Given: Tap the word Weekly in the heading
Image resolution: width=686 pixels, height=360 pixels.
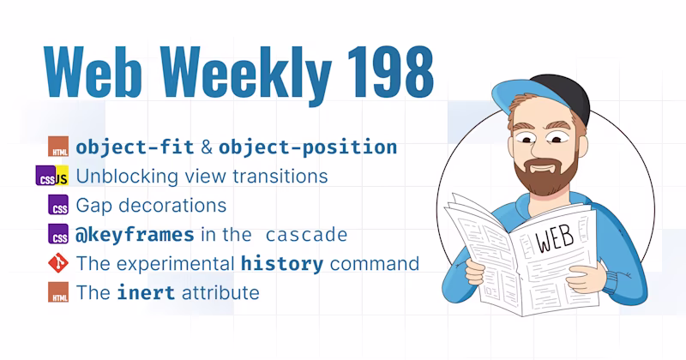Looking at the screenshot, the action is (x=246, y=75).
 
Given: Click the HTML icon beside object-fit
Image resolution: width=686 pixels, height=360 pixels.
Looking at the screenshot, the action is (x=58, y=147).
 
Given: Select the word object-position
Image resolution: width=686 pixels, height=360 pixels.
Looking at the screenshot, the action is (x=308, y=147).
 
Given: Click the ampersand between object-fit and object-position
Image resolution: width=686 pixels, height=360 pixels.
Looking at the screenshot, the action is (x=207, y=147).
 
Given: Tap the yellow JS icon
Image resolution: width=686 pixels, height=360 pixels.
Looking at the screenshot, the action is (x=62, y=176).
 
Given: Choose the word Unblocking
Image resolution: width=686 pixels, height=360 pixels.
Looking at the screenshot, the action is (x=127, y=177).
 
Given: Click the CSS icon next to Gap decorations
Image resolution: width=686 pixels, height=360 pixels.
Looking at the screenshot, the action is (x=58, y=205).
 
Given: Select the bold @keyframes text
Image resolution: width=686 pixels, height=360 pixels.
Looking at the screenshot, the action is (x=135, y=235).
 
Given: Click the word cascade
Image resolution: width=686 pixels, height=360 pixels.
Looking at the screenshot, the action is (x=306, y=236).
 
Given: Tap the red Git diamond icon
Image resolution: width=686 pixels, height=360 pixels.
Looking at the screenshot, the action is (x=58, y=263).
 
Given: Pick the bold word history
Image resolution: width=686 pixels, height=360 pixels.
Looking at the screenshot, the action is (x=282, y=264).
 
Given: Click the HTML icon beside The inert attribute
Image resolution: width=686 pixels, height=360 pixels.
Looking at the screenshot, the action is (x=58, y=292).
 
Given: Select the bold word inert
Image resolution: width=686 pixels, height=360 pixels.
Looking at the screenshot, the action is (x=146, y=292).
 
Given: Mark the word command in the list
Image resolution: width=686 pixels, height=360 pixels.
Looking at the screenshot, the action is (x=375, y=264).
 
